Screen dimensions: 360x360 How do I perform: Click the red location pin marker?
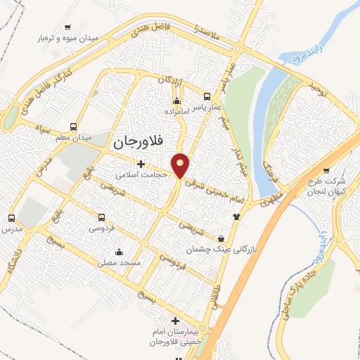181,165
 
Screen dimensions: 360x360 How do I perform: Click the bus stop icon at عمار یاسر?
206,96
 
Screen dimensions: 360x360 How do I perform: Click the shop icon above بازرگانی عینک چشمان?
221,239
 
